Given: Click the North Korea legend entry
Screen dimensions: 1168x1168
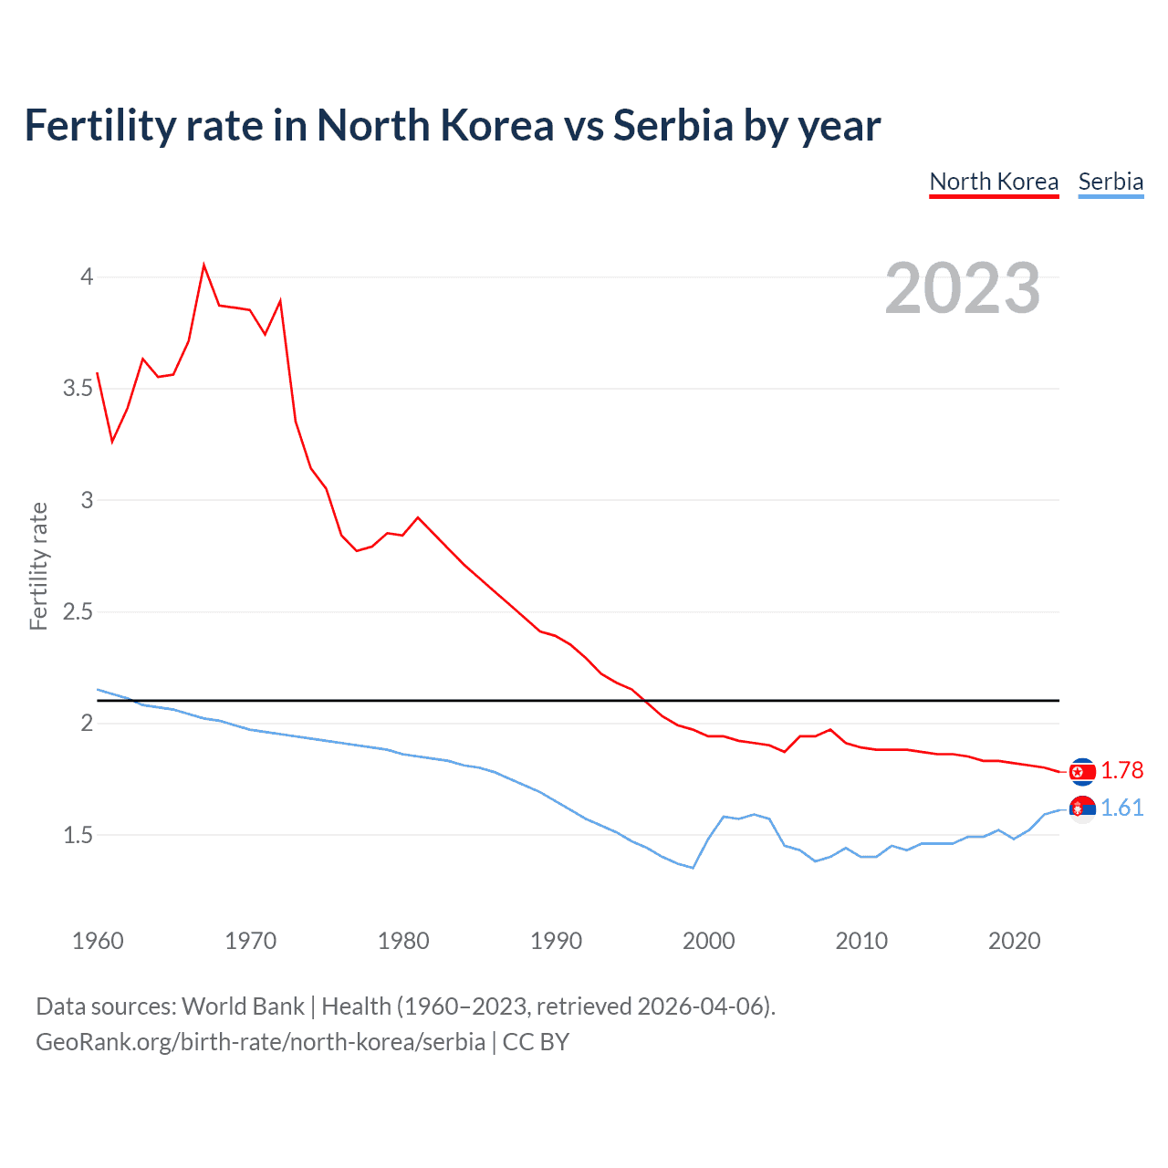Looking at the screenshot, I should click(994, 182).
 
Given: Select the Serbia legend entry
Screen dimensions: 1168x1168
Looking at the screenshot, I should click(1111, 182).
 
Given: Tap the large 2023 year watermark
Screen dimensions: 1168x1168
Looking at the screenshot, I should click(963, 288).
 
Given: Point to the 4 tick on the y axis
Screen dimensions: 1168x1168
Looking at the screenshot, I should click(87, 276).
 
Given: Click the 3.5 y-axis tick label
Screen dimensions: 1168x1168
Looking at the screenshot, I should click(78, 389).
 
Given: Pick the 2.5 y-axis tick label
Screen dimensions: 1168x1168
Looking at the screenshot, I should click(78, 611).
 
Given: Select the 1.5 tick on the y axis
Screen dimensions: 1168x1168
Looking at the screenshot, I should click(78, 835).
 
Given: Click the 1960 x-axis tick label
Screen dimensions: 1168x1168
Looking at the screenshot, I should click(98, 941).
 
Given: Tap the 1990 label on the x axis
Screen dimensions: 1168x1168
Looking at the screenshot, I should click(556, 941).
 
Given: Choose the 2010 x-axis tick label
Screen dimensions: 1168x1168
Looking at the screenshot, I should click(861, 941).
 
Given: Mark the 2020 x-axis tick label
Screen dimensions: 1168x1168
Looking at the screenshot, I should click(1014, 941).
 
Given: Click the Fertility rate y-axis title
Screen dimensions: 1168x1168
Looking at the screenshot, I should click(38, 566).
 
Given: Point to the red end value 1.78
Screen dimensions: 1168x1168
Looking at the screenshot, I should click(1121, 771).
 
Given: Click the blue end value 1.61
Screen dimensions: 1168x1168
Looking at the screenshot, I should click(1121, 808).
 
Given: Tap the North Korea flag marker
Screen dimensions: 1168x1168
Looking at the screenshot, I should click(1082, 772).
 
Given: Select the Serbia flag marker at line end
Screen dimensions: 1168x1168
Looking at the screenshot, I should click(1082, 809).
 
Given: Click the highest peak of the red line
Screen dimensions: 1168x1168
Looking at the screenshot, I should click(203, 266).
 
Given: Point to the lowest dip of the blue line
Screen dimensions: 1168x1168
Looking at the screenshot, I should click(693, 868).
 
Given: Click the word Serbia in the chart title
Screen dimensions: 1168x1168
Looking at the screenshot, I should click(673, 125).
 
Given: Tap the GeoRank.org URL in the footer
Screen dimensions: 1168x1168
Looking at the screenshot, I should click(260, 1042).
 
